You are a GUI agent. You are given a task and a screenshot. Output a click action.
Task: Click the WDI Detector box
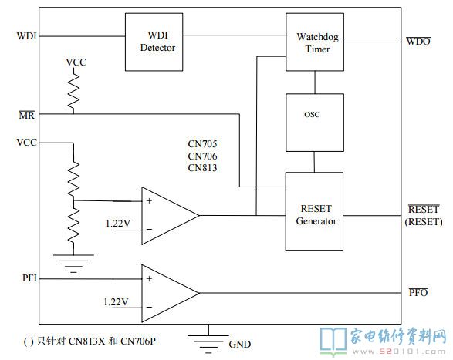(x=154, y=42)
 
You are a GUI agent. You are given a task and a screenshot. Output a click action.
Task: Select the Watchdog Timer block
(x=315, y=42)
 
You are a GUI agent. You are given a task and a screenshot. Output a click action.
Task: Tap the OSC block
(x=315, y=123)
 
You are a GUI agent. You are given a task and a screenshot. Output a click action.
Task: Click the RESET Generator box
(x=314, y=211)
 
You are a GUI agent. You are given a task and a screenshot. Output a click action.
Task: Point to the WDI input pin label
(x=26, y=36)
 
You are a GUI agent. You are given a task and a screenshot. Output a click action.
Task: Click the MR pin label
(x=26, y=115)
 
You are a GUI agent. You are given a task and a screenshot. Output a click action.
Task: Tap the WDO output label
(x=418, y=41)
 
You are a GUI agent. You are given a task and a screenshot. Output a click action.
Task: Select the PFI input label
(x=29, y=278)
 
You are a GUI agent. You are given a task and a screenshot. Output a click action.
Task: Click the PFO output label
(x=418, y=292)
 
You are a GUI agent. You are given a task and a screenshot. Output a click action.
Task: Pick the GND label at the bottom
(x=239, y=344)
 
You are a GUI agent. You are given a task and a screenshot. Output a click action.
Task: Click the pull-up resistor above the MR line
(x=73, y=90)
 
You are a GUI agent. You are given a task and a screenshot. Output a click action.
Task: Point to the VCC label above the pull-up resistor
(x=76, y=62)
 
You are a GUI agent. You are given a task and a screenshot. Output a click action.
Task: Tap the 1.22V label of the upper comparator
(x=118, y=223)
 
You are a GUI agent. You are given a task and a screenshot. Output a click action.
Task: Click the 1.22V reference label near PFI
(x=116, y=301)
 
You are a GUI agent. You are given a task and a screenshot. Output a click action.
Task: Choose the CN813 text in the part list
(x=202, y=168)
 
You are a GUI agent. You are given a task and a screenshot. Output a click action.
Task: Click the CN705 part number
(x=202, y=143)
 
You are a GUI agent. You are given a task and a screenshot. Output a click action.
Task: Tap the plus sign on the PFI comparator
(x=149, y=278)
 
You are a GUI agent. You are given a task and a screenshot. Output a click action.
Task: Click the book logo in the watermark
(x=333, y=341)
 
